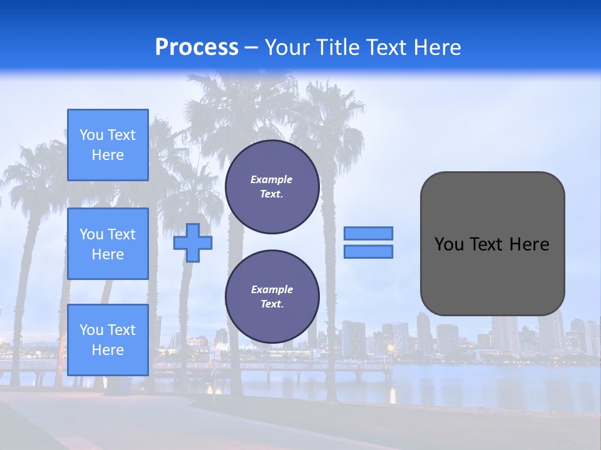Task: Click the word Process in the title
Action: point(197,47)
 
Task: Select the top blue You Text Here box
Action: point(108,145)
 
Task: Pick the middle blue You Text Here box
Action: point(108,244)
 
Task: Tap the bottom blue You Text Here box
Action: point(108,340)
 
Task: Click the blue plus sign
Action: point(192,242)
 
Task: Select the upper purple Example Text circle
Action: point(272,187)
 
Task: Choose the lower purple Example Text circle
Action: point(272,297)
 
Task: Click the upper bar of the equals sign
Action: point(368,233)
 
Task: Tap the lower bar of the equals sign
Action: point(368,252)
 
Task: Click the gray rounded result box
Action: point(492,244)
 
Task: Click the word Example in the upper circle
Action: point(272,179)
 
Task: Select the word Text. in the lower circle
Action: point(272,304)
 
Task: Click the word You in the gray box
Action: point(448,244)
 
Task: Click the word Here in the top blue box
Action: point(108,155)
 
